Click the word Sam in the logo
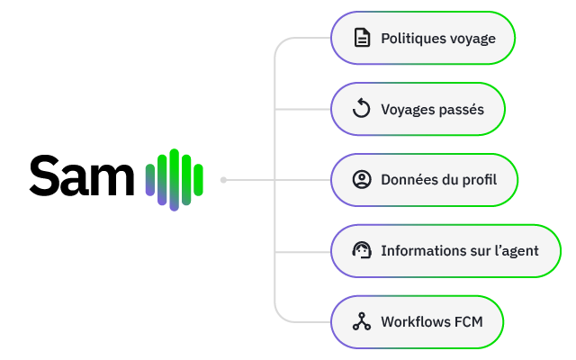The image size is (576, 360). pyautogui.click(x=82, y=175)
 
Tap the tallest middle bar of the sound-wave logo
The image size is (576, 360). pyautogui.click(x=174, y=180)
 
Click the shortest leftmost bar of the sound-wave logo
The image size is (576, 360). pyautogui.click(x=150, y=180)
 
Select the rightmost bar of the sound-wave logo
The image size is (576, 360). pyautogui.click(x=198, y=180)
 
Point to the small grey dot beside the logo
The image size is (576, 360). pyautogui.click(x=223, y=180)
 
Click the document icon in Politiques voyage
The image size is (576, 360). pyautogui.click(x=362, y=38)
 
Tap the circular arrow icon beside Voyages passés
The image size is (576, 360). pyautogui.click(x=362, y=108)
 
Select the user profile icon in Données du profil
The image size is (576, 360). pyautogui.click(x=362, y=180)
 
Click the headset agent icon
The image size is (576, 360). pyautogui.click(x=362, y=250)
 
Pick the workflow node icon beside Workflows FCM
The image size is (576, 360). pyautogui.click(x=362, y=321)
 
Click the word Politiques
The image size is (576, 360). pyautogui.click(x=408, y=38)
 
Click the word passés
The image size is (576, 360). pyautogui.click(x=460, y=110)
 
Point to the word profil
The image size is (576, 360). pyautogui.click(x=480, y=180)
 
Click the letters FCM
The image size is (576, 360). pyautogui.click(x=469, y=322)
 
